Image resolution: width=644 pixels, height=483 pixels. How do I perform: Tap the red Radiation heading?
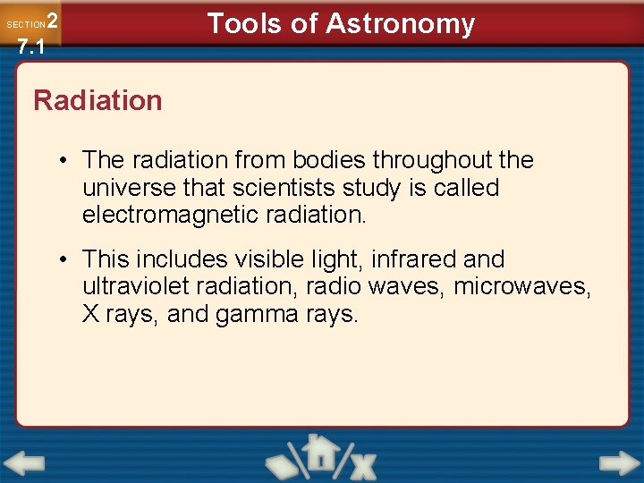(x=97, y=100)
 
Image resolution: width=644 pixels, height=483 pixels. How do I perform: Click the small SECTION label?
(x=25, y=25)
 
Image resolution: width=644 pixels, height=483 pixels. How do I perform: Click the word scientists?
(x=281, y=188)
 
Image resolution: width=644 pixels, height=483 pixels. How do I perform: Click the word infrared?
(x=411, y=259)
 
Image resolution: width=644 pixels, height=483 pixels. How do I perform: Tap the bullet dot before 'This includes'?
(x=66, y=260)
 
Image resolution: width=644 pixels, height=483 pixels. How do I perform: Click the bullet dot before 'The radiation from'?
(x=66, y=161)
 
